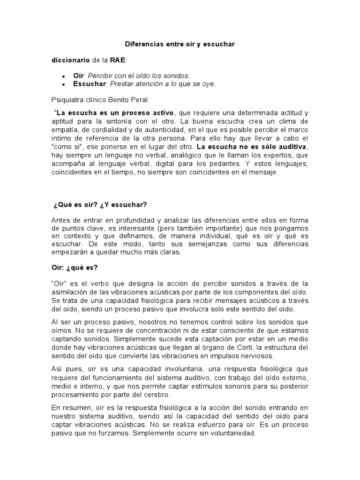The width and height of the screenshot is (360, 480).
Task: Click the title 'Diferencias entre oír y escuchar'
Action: [x=180, y=44]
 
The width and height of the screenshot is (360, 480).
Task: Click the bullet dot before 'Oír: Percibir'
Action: [x=63, y=76]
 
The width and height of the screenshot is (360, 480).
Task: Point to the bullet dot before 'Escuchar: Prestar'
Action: [x=63, y=84]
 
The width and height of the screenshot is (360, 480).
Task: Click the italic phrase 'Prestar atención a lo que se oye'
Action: [x=163, y=84]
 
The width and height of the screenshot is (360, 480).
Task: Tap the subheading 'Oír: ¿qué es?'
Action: [x=75, y=268]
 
